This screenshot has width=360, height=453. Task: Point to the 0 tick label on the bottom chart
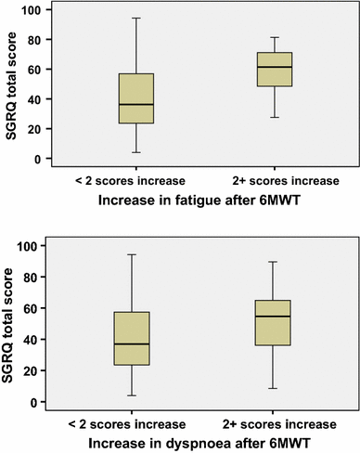click(34, 402)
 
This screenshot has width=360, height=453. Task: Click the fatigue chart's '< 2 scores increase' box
click(135, 98)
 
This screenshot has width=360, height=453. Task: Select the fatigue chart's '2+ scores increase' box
click(275, 70)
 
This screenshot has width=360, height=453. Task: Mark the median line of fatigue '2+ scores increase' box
click(275, 67)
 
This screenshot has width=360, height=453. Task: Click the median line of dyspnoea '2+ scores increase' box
click(275, 317)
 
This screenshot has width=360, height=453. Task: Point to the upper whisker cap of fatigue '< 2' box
click(135, 18)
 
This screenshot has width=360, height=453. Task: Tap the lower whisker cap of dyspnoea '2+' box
click(275, 388)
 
